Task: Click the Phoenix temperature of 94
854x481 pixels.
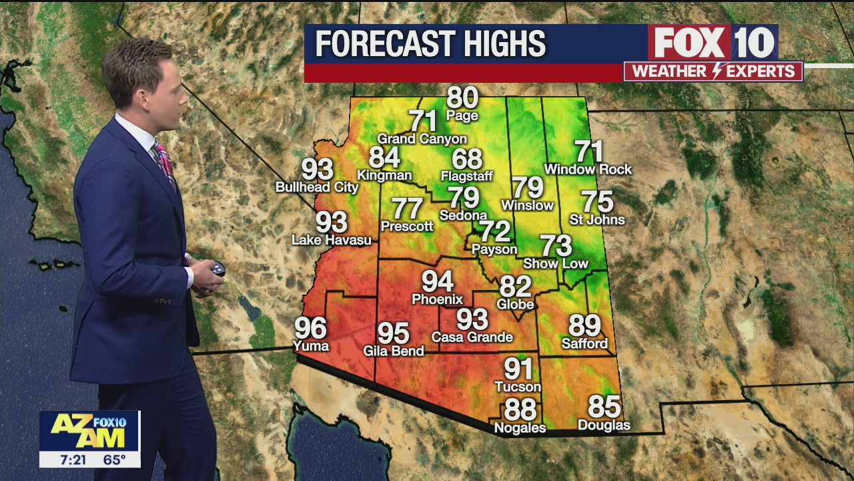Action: coord(437,282)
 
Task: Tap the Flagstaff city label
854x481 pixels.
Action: coord(466,176)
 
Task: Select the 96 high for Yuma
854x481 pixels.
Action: coord(311,328)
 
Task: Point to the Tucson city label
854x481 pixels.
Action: coord(518,387)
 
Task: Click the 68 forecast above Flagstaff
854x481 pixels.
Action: coord(467,159)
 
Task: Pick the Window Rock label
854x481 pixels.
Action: coord(588,170)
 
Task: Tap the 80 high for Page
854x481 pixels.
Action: coord(462,98)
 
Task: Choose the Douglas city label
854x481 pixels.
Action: coord(604,426)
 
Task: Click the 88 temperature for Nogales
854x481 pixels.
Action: coord(520,409)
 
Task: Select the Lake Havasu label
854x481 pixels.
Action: coord(332,240)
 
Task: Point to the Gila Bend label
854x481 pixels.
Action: coord(394,351)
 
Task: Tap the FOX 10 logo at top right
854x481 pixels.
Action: coord(713,43)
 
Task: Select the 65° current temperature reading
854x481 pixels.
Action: coord(115,460)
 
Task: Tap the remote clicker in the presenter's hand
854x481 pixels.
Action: coord(216,270)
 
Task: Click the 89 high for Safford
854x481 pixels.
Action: coord(584,326)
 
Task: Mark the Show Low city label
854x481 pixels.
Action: coord(556,264)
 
